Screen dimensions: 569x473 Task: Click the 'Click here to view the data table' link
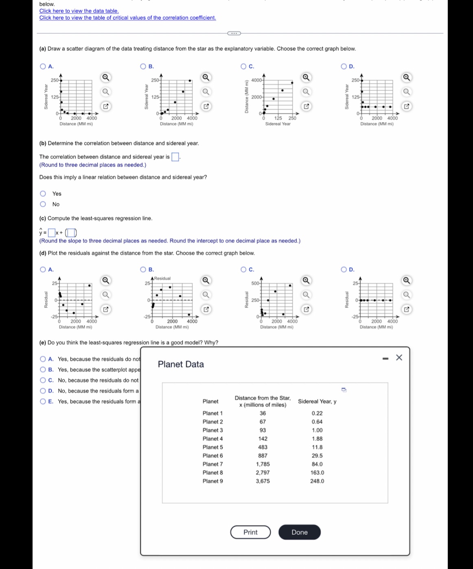[x=79, y=11]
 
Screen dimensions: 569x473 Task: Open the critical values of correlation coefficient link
[x=127, y=18]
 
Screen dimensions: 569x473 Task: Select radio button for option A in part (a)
[x=43, y=66]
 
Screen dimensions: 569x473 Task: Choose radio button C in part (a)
[x=243, y=66]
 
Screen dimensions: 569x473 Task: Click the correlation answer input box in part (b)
[x=175, y=157]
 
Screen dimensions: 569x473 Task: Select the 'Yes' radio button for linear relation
[x=43, y=194]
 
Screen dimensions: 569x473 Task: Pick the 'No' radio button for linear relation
[x=43, y=204]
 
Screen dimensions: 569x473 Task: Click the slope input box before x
[x=51, y=233]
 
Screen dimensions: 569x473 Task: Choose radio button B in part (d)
[x=143, y=269]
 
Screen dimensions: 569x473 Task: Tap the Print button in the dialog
[x=250, y=532]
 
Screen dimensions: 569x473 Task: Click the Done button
[x=300, y=532]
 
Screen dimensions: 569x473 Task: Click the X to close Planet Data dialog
[x=399, y=357]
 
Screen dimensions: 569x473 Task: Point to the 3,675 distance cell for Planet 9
[x=263, y=481]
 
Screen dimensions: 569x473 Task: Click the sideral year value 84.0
[x=317, y=464]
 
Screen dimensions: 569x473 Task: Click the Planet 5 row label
[x=212, y=447]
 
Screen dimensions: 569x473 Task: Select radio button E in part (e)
[x=43, y=401]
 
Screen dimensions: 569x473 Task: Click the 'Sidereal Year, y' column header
[x=317, y=401]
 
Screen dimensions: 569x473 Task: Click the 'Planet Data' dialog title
[x=181, y=364]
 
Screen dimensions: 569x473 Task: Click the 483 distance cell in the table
[x=263, y=447]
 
